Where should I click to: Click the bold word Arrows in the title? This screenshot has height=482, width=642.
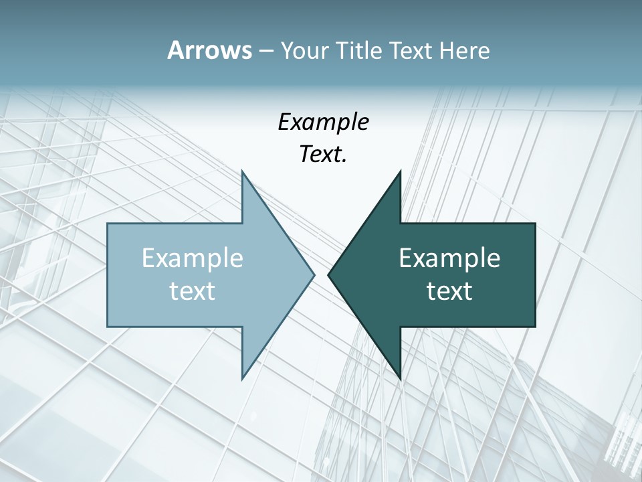[209, 50]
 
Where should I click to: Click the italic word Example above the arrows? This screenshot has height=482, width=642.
[323, 122]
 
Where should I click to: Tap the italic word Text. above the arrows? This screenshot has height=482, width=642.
[323, 155]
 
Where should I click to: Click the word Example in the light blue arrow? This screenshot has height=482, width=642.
[193, 258]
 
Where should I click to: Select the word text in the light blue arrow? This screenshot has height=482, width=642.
[193, 291]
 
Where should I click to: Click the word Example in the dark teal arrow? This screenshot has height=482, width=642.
[449, 258]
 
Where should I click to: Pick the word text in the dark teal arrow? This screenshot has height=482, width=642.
[449, 291]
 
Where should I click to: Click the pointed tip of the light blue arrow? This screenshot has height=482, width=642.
[314, 274]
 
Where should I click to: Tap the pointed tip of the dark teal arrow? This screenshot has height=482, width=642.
[328, 274]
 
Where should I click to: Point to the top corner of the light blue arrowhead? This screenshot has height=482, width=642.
[242, 171]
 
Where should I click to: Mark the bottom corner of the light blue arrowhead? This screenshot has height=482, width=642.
[242, 378]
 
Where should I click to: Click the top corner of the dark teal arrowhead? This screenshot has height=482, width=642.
[400, 171]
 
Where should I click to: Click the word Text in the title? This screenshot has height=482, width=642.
[410, 51]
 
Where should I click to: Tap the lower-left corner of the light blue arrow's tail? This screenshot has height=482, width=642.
[108, 326]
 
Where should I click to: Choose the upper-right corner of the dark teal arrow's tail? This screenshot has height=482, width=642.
[535, 224]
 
